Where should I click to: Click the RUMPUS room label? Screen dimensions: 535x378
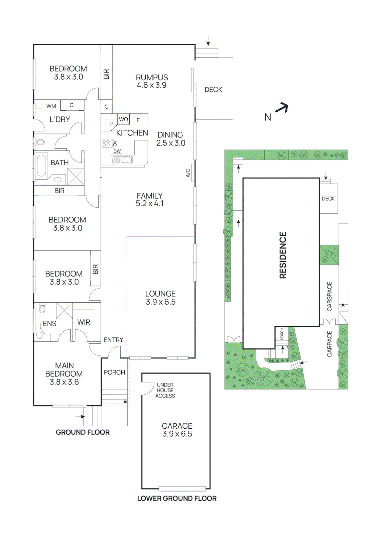click(152, 78)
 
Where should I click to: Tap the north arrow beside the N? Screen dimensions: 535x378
click(282, 107)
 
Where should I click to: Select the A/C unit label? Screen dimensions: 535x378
click(188, 173)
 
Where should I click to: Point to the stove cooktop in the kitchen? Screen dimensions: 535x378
click(106, 143)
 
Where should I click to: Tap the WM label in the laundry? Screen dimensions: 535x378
click(51, 106)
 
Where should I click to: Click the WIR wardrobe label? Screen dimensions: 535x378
click(84, 322)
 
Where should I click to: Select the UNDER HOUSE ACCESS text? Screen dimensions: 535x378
click(165, 390)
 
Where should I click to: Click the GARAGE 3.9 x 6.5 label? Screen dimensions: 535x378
click(177, 430)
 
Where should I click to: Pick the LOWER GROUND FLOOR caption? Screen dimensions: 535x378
click(177, 499)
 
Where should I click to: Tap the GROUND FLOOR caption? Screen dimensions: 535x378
click(83, 432)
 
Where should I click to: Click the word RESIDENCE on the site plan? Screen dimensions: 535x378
click(283, 255)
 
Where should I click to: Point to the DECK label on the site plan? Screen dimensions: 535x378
click(328, 199)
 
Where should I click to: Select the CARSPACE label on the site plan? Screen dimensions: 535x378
click(330, 296)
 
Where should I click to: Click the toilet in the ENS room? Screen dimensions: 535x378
click(42, 308)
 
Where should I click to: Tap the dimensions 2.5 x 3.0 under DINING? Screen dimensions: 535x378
click(170, 143)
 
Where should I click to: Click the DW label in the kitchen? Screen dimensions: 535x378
click(117, 151)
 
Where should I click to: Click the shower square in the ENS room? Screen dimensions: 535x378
click(64, 311)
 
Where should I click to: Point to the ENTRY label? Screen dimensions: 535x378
click(113, 340)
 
